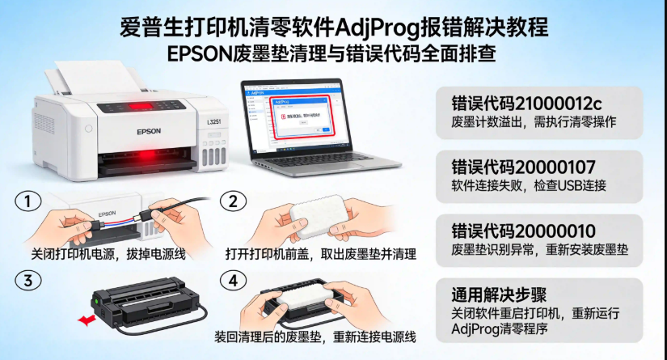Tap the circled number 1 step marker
pos(29,201)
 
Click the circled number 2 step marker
pos(234,201)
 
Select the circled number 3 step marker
pos(29,281)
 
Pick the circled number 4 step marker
pos(234,281)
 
